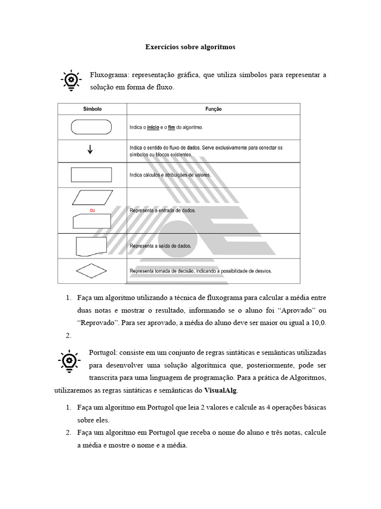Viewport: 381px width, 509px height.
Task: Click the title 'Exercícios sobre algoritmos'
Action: coord(190,47)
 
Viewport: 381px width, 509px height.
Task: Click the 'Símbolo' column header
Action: coord(92,109)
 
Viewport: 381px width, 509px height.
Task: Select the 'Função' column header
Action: coord(213,109)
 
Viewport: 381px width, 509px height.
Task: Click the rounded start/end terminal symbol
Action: coord(92,127)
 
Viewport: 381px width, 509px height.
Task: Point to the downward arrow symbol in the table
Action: coord(90,149)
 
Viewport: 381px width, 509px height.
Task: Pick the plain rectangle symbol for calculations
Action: coord(92,175)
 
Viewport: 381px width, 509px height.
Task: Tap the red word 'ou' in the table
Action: coord(92,211)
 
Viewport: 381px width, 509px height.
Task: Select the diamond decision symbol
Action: coord(91,271)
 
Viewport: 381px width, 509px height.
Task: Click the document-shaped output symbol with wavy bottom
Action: coord(91,247)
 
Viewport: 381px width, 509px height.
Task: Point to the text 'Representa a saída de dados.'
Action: coord(160,246)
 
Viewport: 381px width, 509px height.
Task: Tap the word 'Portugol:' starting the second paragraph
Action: coord(106,352)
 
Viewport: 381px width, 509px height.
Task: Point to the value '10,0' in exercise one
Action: coord(318,323)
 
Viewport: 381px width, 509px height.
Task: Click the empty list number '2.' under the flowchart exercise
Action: coord(69,336)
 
